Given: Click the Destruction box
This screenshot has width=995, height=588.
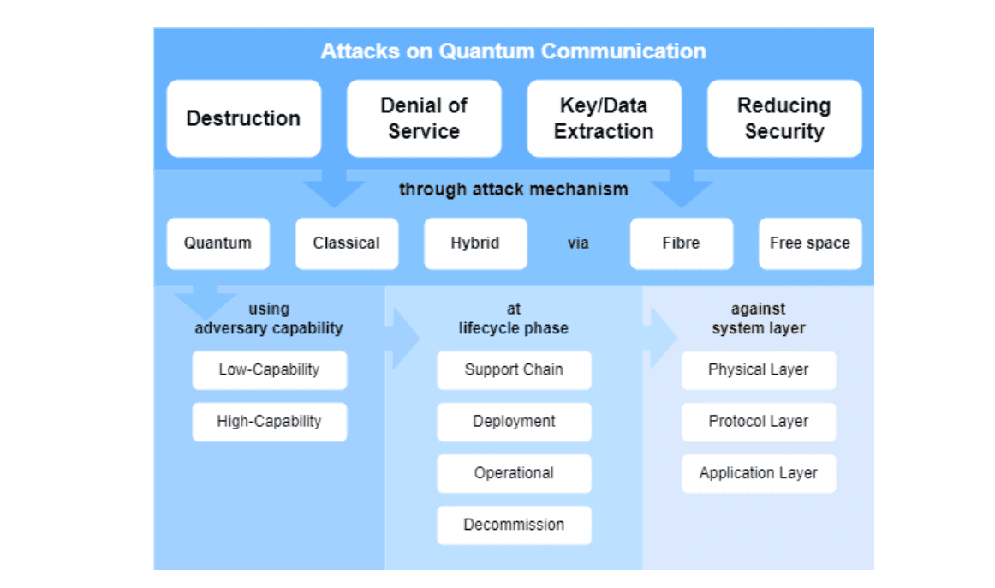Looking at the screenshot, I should pyautogui.click(x=243, y=118).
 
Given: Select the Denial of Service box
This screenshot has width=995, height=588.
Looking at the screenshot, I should pyautogui.click(x=424, y=118).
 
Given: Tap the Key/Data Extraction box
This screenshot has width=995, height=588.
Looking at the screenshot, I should pyautogui.click(x=604, y=118).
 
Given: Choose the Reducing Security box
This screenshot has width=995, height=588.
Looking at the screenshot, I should pyautogui.click(x=784, y=118).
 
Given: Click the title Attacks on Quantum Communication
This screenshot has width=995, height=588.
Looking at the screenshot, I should pyautogui.click(x=513, y=51).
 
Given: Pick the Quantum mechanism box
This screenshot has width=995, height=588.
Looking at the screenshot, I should pyautogui.click(x=217, y=243).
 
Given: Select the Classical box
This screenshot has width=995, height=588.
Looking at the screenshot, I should pyautogui.click(x=346, y=243).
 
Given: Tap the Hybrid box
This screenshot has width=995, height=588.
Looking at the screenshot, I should pyautogui.click(x=475, y=243).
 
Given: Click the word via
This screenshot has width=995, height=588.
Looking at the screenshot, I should pyautogui.click(x=578, y=243).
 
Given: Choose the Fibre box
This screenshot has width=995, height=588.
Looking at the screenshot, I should pyautogui.click(x=681, y=243).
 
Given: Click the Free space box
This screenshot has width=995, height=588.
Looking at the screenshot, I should pyautogui.click(x=810, y=243).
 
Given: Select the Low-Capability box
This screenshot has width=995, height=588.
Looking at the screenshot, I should pyautogui.click(x=269, y=370).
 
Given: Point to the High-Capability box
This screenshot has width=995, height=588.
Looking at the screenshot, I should pyautogui.click(x=269, y=422).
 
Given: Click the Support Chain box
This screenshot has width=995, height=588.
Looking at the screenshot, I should pyautogui.click(x=514, y=370).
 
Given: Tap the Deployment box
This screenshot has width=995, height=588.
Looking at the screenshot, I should pyautogui.click(x=514, y=422).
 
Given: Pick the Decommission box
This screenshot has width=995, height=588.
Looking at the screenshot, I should pyautogui.click(x=514, y=525).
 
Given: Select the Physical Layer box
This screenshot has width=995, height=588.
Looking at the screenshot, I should pyautogui.click(x=759, y=370).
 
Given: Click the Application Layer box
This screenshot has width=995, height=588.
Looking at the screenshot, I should pyautogui.click(x=759, y=473).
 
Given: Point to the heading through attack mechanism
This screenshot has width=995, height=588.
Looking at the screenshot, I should pyautogui.click(x=513, y=189).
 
